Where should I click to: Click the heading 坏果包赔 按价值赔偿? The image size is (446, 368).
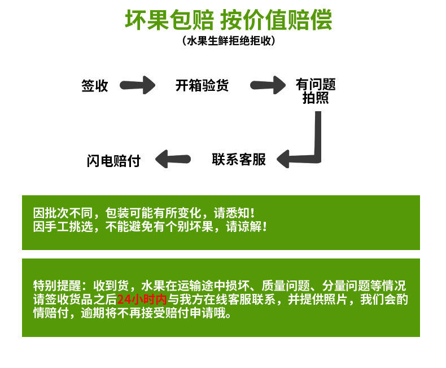point(228,20)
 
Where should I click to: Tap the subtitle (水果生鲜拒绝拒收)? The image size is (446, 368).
point(229,41)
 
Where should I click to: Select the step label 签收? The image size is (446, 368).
point(95,86)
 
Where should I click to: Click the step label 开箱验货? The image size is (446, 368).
point(202,86)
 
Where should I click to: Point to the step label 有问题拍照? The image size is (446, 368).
point(316,91)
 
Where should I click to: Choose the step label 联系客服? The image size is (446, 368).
point(239,159)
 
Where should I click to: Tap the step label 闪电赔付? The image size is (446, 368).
point(113,160)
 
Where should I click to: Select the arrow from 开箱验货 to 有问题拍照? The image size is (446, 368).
point(268,86)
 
